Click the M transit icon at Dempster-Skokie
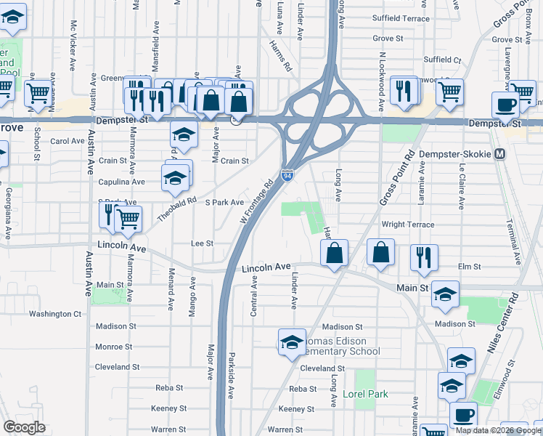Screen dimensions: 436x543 click(499, 154)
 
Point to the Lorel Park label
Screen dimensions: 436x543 click(365, 394)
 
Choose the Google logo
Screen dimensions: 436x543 click(24, 427)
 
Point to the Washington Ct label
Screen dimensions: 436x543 click(55, 314)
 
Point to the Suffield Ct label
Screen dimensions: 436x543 click(442, 60)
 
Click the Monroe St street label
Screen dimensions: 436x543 click(113, 347)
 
